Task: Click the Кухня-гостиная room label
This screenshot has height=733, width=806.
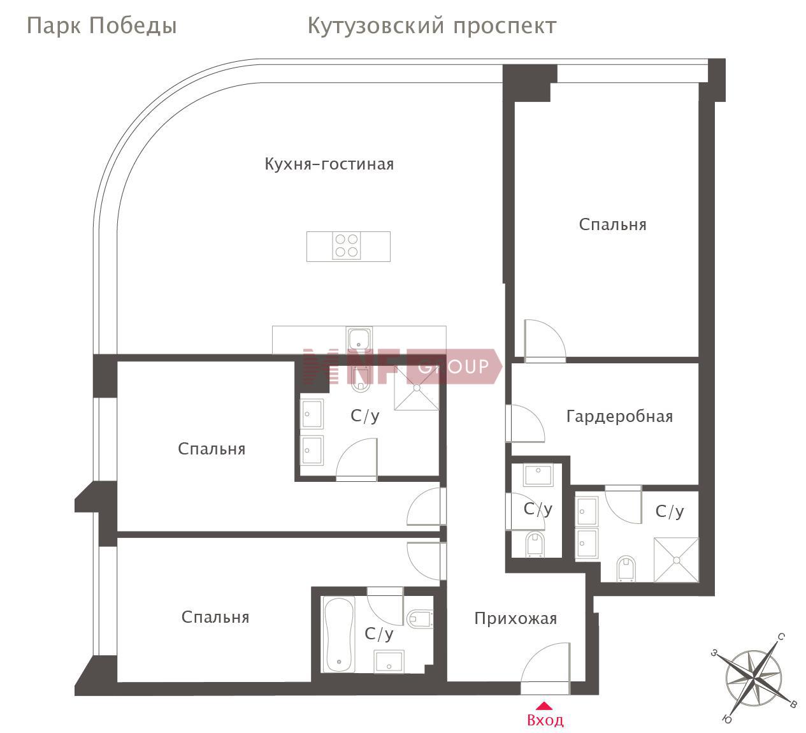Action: [329, 164]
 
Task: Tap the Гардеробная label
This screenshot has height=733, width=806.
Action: [619, 417]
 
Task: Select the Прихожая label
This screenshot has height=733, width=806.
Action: [515, 619]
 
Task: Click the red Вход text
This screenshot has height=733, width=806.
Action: [545, 720]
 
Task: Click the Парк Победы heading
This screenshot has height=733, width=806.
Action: [102, 26]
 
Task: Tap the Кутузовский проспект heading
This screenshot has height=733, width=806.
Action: [432, 26]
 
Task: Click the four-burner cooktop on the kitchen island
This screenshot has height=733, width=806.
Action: [347, 246]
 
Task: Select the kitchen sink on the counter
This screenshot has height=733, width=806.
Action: [359, 340]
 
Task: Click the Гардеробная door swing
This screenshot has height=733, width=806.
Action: [526, 423]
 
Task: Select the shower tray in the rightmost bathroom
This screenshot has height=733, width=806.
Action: [676, 560]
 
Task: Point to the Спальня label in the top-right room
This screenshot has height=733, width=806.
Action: [613, 225]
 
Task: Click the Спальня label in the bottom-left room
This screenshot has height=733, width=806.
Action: [215, 617]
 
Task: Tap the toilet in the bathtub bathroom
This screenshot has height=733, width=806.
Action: [420, 618]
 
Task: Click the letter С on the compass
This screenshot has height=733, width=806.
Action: [781, 637]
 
